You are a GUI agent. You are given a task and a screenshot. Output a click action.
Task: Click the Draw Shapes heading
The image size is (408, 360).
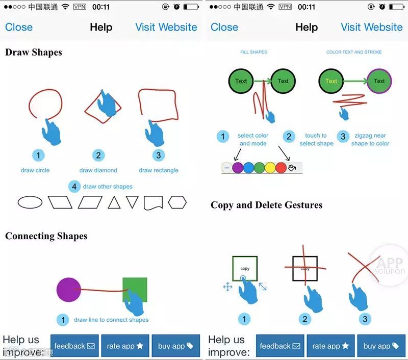(34, 52)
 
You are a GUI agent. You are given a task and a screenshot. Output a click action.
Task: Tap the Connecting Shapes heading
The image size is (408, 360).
(46, 236)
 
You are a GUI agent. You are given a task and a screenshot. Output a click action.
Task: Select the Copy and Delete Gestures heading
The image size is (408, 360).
(267, 205)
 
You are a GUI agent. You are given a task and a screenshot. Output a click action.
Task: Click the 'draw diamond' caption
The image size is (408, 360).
(98, 170)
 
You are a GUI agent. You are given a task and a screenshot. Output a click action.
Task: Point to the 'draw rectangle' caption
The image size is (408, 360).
(159, 170)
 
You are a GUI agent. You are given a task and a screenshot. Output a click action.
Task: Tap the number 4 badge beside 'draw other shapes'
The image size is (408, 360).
(74, 187)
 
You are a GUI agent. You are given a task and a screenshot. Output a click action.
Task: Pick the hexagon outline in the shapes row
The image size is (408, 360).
(177, 202)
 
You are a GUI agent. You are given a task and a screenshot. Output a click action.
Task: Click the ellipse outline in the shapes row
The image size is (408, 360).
(31, 202)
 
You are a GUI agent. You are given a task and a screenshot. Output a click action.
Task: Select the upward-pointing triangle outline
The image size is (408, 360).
(114, 203)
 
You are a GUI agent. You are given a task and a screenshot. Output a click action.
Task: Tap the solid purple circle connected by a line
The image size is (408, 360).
(69, 290)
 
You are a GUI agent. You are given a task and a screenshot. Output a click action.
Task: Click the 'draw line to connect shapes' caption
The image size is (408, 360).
(111, 320)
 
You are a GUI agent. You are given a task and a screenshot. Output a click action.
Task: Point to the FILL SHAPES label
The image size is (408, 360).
(254, 52)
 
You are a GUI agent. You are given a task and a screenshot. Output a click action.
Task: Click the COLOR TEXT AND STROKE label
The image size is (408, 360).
(354, 52)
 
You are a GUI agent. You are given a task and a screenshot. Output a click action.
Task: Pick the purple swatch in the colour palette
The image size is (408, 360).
(238, 168)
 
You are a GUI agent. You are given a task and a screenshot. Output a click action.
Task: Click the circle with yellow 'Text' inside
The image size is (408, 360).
(331, 81)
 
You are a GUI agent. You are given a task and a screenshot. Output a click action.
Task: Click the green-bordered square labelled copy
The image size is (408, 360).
(245, 268)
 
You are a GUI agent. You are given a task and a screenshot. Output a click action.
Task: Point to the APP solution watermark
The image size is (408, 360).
(390, 265)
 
